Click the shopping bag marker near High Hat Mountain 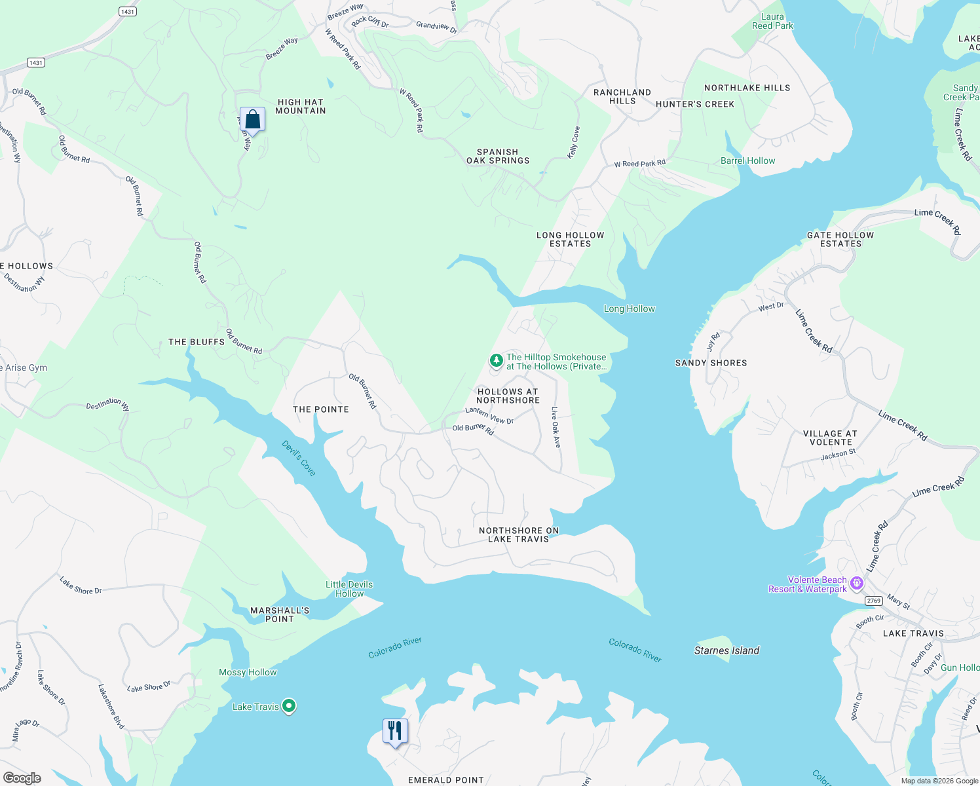pos(252,120)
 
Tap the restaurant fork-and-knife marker pos(395,730)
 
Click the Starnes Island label pos(726,650)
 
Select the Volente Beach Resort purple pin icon pos(857,582)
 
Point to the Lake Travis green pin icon pos(289,706)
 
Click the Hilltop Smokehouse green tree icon pos(497,360)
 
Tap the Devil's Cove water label pos(299,458)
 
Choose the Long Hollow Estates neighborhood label pos(570,239)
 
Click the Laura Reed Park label pos(772,22)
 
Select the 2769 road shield pos(873,601)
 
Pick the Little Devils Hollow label pos(349,589)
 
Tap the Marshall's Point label pos(280,614)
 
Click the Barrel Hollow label pos(747,160)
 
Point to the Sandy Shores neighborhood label pos(711,363)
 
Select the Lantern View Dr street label pos(489,415)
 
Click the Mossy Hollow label pos(248,672)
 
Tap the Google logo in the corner pos(22,778)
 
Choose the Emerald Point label pos(445,780)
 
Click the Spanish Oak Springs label pos(498,156)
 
